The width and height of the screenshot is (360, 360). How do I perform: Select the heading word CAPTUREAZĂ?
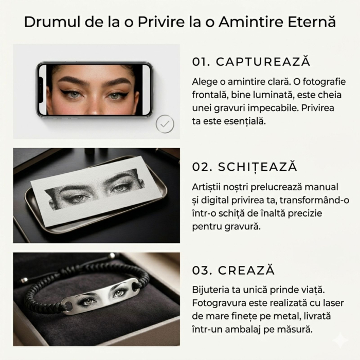[x=263, y=61]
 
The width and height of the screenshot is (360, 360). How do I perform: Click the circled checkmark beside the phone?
[x=165, y=124]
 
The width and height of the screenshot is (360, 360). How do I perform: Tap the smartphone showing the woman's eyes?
[x=95, y=89]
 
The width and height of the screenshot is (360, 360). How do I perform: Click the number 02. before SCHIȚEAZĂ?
[x=202, y=167]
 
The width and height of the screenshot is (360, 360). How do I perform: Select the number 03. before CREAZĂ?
[x=202, y=271]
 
